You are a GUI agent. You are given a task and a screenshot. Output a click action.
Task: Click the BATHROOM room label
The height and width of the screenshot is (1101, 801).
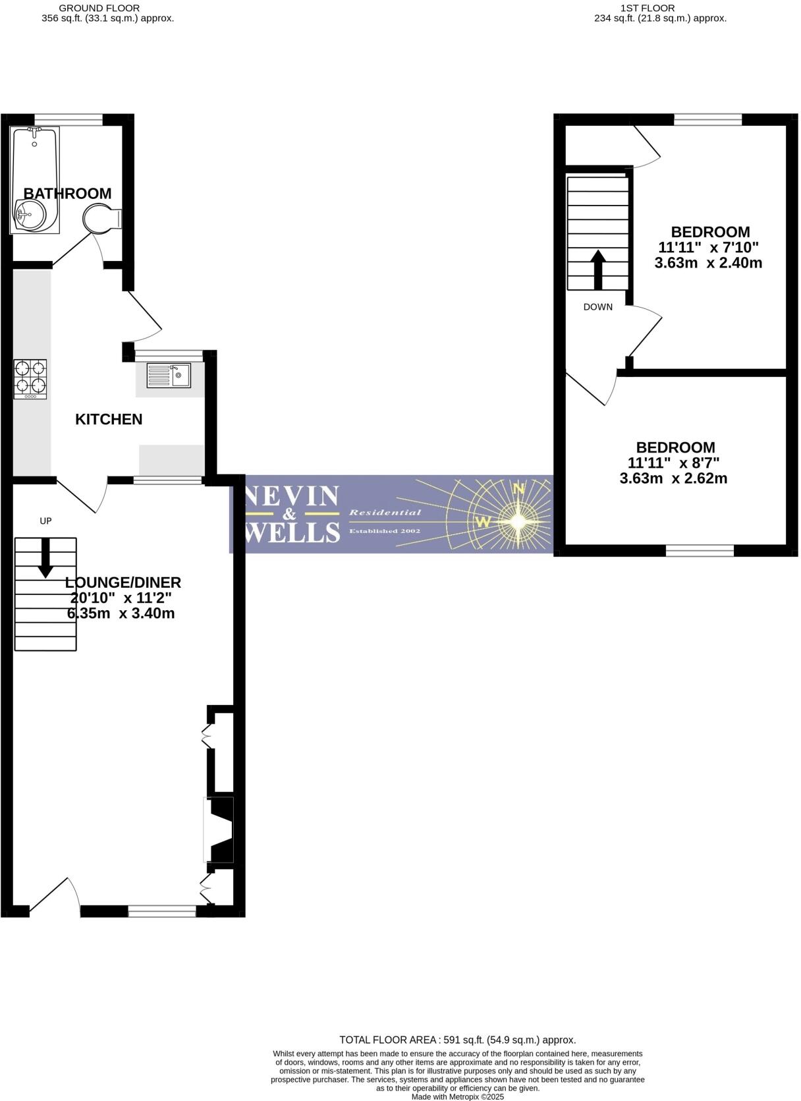pyautogui.click(x=67, y=193)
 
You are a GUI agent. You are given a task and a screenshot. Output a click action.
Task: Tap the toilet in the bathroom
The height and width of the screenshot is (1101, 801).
pyautogui.click(x=101, y=219)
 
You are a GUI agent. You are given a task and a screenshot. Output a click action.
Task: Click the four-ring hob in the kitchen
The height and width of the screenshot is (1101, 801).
pyautogui.click(x=31, y=378)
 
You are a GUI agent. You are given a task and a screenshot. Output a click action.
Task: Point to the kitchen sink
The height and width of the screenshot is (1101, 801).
pyautogui.click(x=169, y=376)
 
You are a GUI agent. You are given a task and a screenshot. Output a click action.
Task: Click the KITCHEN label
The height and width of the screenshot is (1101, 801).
pyautogui.click(x=109, y=419)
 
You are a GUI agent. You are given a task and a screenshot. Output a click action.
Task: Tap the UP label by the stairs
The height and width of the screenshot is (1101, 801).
pyautogui.click(x=45, y=521)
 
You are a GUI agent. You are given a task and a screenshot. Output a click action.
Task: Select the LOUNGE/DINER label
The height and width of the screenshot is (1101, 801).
pyautogui.click(x=123, y=582)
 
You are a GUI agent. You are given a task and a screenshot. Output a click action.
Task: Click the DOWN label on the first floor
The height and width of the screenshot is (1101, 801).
pyautogui.click(x=598, y=307)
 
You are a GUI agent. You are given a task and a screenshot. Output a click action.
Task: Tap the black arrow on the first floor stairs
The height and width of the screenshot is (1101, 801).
pyautogui.click(x=598, y=269)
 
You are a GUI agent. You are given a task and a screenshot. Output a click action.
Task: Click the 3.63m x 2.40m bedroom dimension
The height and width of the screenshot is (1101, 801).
pyautogui.click(x=709, y=264)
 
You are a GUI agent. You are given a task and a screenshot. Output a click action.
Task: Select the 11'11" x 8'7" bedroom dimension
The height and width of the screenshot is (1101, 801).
pyautogui.click(x=675, y=463)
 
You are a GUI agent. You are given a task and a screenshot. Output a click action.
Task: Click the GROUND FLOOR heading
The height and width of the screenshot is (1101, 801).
pyautogui.click(x=99, y=8)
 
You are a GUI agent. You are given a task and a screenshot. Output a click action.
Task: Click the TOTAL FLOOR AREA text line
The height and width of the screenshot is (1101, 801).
pyautogui.click(x=457, y=1040)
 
